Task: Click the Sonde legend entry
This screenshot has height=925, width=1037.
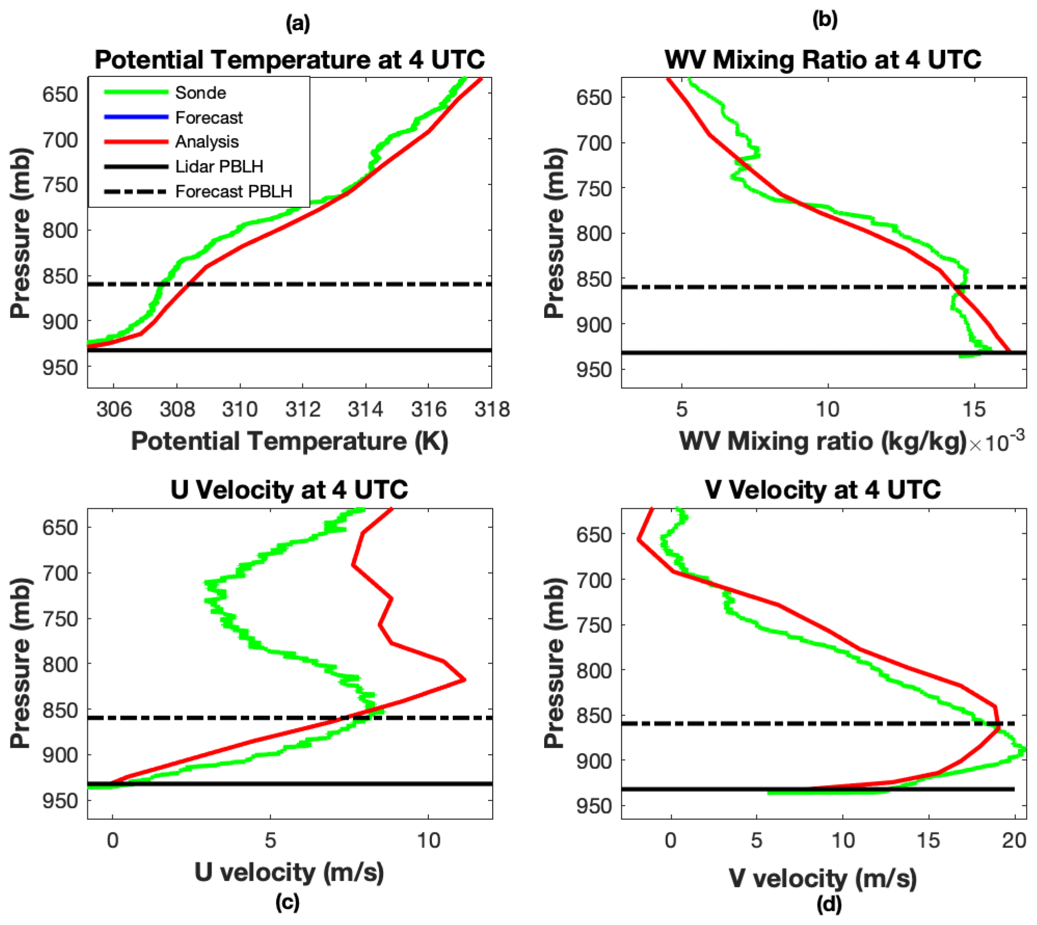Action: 200,92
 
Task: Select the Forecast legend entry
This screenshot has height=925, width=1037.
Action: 208,117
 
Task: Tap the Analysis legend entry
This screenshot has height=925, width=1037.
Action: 206,141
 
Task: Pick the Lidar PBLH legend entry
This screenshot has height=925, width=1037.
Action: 219,166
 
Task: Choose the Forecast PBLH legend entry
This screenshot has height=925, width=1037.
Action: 233,191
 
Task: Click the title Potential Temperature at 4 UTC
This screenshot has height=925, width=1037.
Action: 290,59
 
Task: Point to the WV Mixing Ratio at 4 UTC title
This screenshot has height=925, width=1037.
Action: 823,59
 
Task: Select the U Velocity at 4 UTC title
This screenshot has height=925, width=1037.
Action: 290,490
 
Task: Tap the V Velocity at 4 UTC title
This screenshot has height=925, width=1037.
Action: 823,490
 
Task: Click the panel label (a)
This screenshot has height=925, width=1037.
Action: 298,23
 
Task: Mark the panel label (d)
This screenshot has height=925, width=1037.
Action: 829,905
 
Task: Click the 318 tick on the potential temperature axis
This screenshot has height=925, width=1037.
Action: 492,409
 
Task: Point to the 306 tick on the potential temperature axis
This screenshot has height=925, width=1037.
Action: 114,409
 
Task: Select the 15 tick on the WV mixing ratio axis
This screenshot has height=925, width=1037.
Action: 974,409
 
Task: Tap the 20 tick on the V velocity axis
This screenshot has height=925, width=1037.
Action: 1014,840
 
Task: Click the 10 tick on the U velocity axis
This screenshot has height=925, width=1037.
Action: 428,840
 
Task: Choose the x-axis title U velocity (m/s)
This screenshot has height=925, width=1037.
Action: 289,873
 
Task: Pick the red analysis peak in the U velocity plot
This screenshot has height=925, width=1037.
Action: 464,680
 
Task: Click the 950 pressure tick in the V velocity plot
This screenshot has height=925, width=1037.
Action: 594,807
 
